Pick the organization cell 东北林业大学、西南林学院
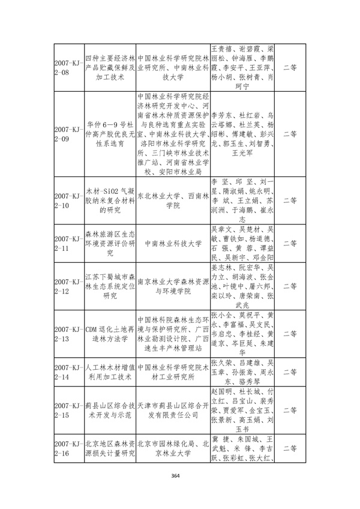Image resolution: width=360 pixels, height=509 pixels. click(x=172, y=200)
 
